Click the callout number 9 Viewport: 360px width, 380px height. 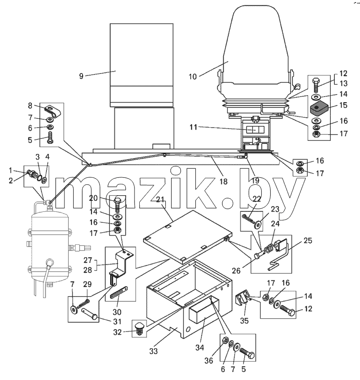coord(81,76)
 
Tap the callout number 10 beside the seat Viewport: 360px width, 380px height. coord(192,77)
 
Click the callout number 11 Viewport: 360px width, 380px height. coord(193,127)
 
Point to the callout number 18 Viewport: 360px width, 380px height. coord(223,181)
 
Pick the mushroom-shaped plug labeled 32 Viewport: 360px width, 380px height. coord(139,329)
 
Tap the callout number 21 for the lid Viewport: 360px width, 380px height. coord(160,200)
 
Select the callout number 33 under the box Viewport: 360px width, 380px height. coord(154,351)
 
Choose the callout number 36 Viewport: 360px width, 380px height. coord(209,360)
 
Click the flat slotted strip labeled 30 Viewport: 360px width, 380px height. coord(119,293)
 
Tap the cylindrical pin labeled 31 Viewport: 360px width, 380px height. coord(89,313)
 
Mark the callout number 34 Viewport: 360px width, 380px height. coord(200,347)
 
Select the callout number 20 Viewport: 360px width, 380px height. coord(93,198)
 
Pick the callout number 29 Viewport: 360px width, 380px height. coord(87,284)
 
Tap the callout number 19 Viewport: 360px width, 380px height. coord(256,181)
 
